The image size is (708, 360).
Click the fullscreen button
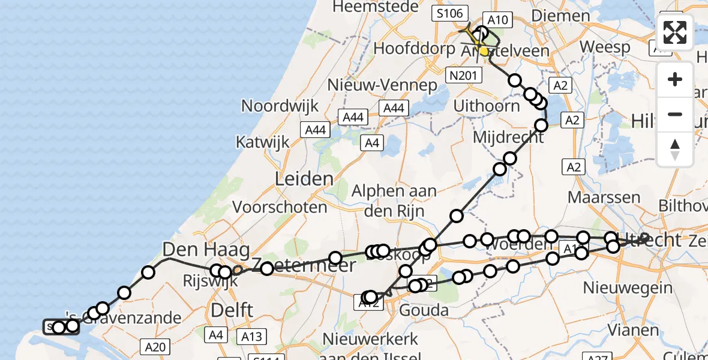[x=675, y=32]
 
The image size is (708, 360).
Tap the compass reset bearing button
[x=675, y=149]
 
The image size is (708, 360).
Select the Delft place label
[x=232, y=310]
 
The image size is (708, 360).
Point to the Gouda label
[x=423, y=310]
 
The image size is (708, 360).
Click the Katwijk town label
[x=262, y=143]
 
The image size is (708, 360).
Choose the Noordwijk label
[x=280, y=106]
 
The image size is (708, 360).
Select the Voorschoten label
[x=280, y=208]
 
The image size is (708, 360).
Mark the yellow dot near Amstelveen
[x=484, y=52]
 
